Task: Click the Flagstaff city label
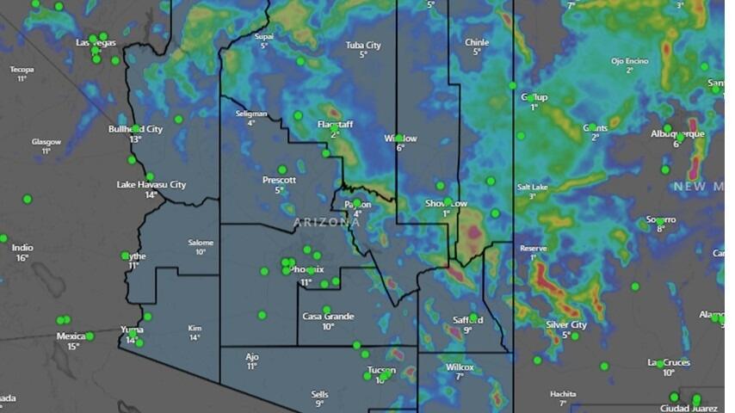coord(335,125)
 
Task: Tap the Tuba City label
coord(363,45)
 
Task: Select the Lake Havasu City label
coord(151,184)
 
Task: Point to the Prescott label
coord(279,180)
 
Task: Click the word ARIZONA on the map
coord(326,222)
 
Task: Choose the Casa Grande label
coord(328,317)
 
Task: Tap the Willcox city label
coord(460,367)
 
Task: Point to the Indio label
coord(22,248)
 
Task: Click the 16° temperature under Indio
coord(22,258)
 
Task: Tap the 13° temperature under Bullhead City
coord(135,139)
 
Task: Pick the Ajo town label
coord(251,356)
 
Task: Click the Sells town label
coord(319,394)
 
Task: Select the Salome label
coord(201,243)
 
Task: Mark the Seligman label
coord(250,114)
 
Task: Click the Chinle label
coord(476,42)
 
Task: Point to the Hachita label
coord(563,394)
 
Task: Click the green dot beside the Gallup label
coord(532,98)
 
